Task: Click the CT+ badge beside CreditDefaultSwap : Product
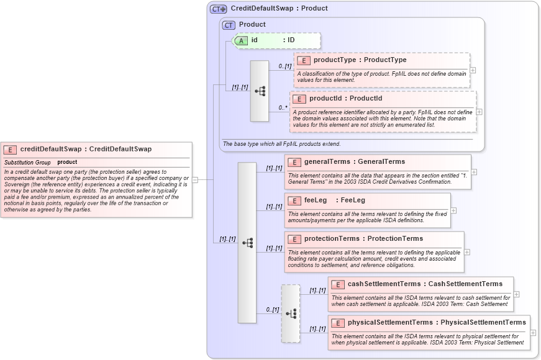218,9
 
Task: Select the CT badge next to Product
229,25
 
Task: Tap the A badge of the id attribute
241,40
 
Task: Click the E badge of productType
304,60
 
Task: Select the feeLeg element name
316,200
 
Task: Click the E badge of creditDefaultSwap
10,150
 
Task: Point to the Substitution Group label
27,162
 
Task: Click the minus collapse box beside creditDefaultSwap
194,180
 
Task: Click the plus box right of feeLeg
453,210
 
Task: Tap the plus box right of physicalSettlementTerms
533,333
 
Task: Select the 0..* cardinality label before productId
283,107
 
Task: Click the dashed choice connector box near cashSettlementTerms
290,313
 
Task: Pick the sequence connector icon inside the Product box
260,91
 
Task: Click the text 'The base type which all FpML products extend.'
281,144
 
